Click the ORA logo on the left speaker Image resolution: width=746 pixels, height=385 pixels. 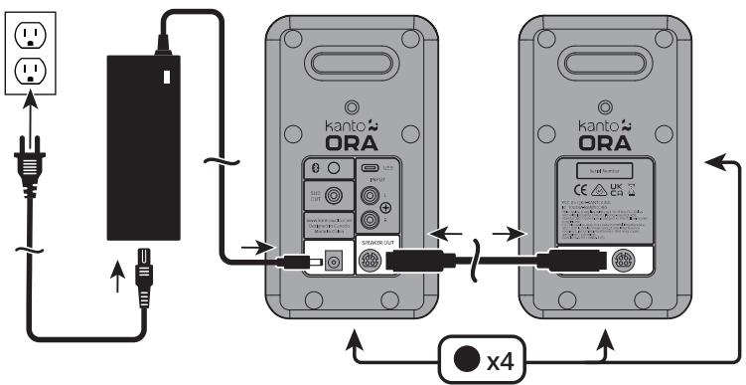click(x=348, y=141)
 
